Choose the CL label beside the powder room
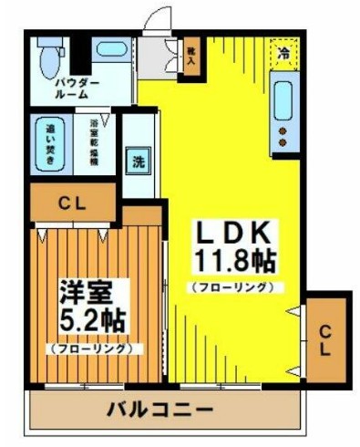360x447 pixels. coord(73,204)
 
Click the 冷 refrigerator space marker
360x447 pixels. coord(284,53)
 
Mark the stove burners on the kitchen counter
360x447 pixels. coord(283,137)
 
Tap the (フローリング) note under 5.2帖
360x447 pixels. coord(89,348)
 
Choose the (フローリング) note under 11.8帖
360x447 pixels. coord(232,287)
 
